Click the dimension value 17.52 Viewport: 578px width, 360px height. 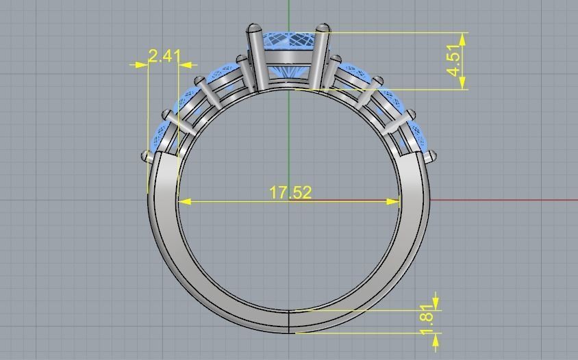point(290,192)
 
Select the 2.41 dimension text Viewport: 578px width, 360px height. point(164,56)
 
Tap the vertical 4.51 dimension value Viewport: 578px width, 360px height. point(454,61)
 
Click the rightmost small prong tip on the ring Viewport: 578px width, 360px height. point(432,157)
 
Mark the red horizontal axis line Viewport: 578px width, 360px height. point(507,200)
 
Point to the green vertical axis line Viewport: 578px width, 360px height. point(288,14)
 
